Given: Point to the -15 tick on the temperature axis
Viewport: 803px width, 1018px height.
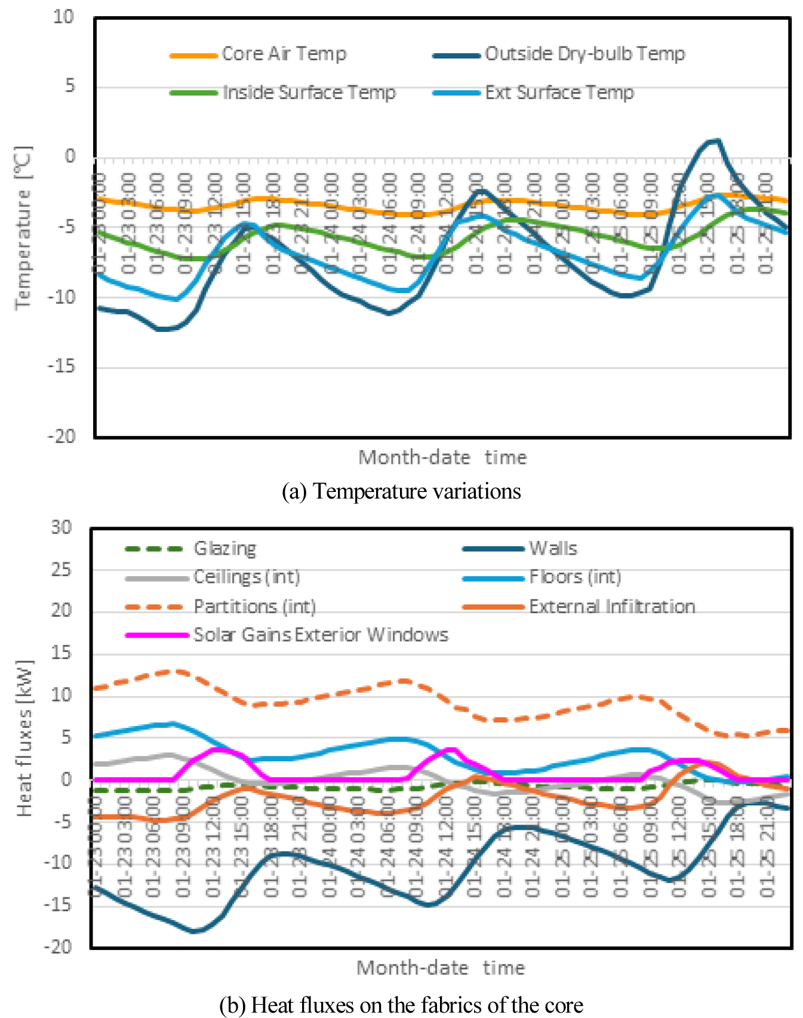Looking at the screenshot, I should click(x=62, y=367).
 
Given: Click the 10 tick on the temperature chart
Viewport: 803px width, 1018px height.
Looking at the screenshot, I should click(x=64, y=17).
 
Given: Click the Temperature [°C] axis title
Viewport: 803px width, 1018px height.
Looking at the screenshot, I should click(x=23, y=227).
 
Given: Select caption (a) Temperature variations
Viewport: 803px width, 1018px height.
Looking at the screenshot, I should click(x=401, y=491).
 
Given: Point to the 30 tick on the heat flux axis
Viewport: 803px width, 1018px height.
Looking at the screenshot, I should click(x=61, y=528).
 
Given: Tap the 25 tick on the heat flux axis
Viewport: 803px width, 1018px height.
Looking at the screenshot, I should click(x=61, y=570).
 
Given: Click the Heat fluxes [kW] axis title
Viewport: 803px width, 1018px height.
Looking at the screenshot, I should click(x=24, y=739).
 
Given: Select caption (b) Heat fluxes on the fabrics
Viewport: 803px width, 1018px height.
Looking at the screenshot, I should click(x=401, y=1005).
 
